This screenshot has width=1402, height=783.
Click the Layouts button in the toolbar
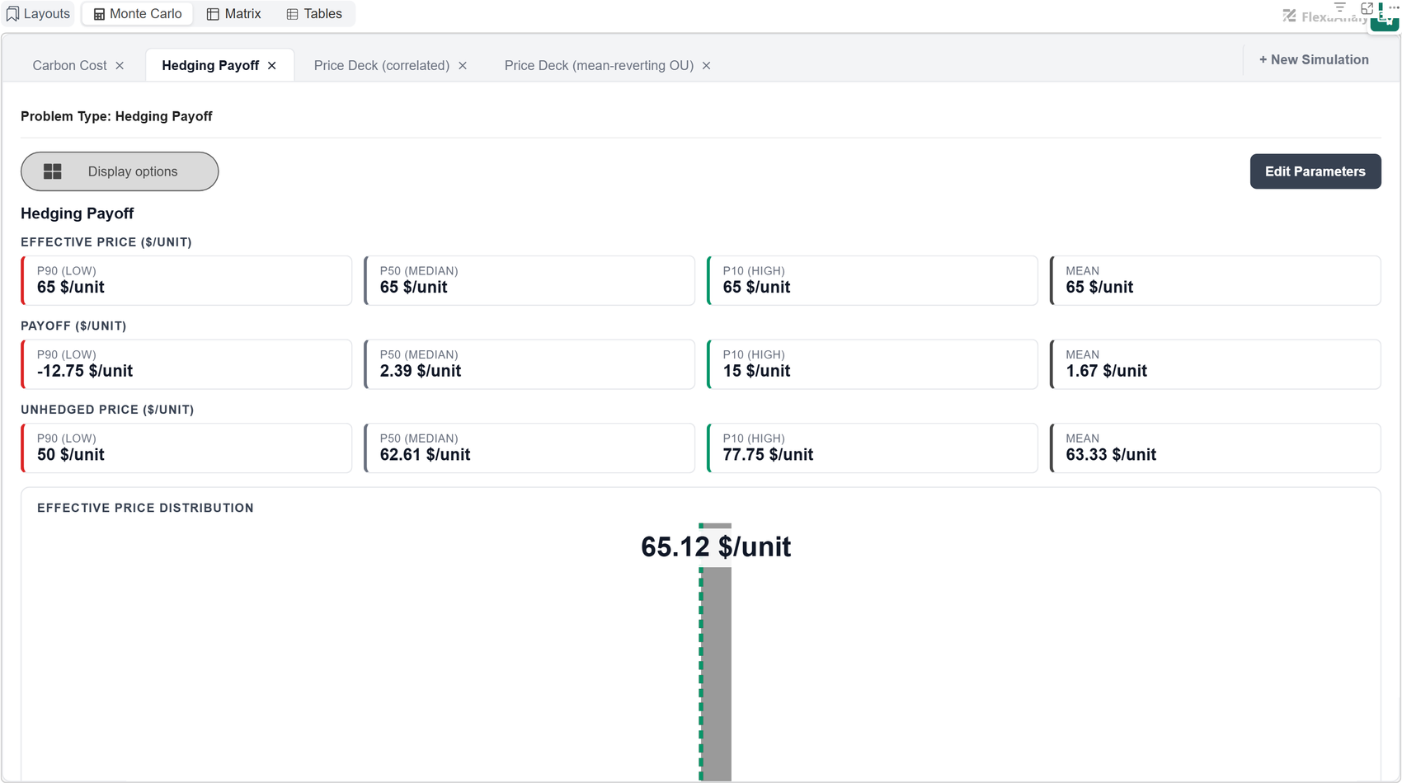point(38,14)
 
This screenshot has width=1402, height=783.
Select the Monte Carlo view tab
point(137,14)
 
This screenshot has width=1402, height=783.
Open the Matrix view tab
point(233,14)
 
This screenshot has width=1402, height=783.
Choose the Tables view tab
point(314,14)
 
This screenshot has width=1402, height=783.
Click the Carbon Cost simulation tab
point(69,66)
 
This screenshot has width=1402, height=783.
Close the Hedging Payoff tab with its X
point(272,66)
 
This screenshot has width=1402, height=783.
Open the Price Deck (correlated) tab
point(382,66)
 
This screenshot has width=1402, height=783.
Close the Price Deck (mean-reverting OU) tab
point(707,66)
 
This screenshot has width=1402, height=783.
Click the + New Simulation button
point(1314,59)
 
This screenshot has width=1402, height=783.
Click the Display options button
point(120,171)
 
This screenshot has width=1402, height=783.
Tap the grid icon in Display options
point(53,171)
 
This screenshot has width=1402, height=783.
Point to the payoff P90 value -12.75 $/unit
point(85,371)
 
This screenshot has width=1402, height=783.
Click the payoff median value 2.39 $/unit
point(421,371)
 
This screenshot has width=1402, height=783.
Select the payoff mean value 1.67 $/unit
point(1107,371)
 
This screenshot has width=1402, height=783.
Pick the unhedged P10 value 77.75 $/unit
point(768,455)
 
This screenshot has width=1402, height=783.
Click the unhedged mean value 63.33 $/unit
point(1111,455)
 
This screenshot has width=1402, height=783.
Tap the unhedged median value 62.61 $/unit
point(425,455)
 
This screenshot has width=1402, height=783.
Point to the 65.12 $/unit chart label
point(716,546)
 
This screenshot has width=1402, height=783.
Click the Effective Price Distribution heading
point(145,508)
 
